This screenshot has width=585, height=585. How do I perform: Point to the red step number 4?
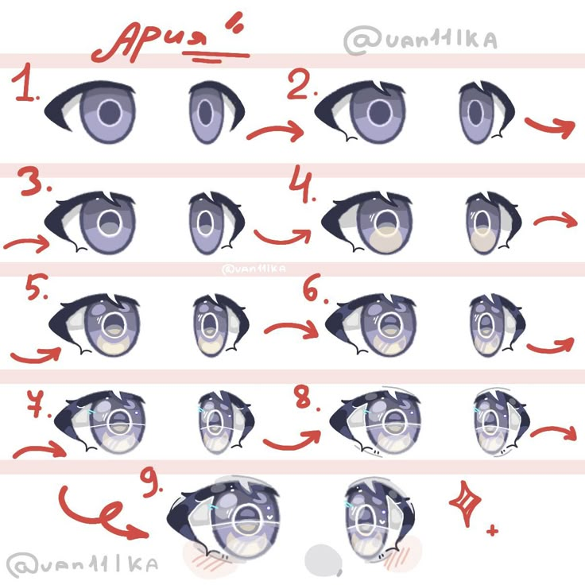pos(300,183)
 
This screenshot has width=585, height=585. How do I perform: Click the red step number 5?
pos(37,286)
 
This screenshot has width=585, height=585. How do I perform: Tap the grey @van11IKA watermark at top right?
pos(420,40)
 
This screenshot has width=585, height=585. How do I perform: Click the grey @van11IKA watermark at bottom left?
pos(82,564)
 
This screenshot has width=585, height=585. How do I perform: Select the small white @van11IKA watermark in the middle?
pos(254,269)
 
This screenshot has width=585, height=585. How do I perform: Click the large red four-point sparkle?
pos(465,503)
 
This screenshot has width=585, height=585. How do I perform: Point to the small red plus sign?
pos(493,530)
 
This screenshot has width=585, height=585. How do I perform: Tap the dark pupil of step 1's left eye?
pos(110,112)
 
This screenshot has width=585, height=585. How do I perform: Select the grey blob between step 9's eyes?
pos(323,560)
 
